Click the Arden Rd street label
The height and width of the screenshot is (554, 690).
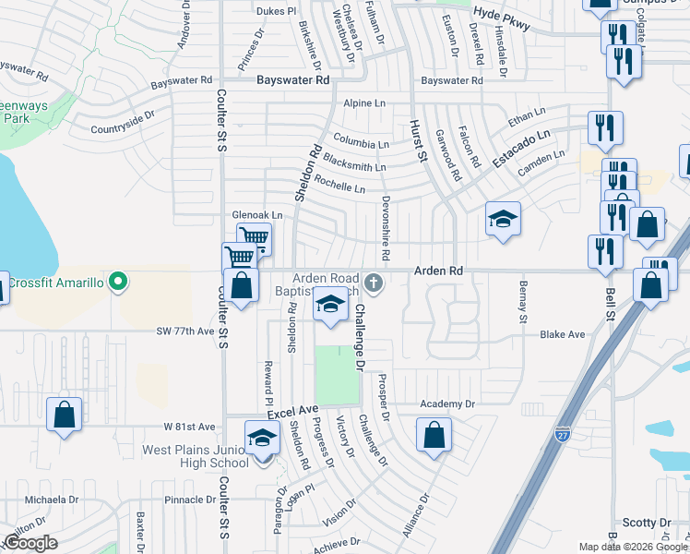coord(437,271)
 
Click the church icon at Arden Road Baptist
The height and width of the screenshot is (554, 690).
coord(374,282)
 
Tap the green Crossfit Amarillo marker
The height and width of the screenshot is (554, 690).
coord(117,282)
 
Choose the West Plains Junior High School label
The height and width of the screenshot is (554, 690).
coord(194,457)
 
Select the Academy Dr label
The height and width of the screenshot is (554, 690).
coord(446,404)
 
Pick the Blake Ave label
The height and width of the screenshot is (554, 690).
coord(563,334)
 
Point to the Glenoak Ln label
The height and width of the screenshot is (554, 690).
coord(256,215)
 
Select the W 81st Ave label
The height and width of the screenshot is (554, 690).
coord(189,427)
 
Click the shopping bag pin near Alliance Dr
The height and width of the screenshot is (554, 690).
coord(434,435)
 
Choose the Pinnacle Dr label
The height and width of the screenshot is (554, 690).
coord(189,500)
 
